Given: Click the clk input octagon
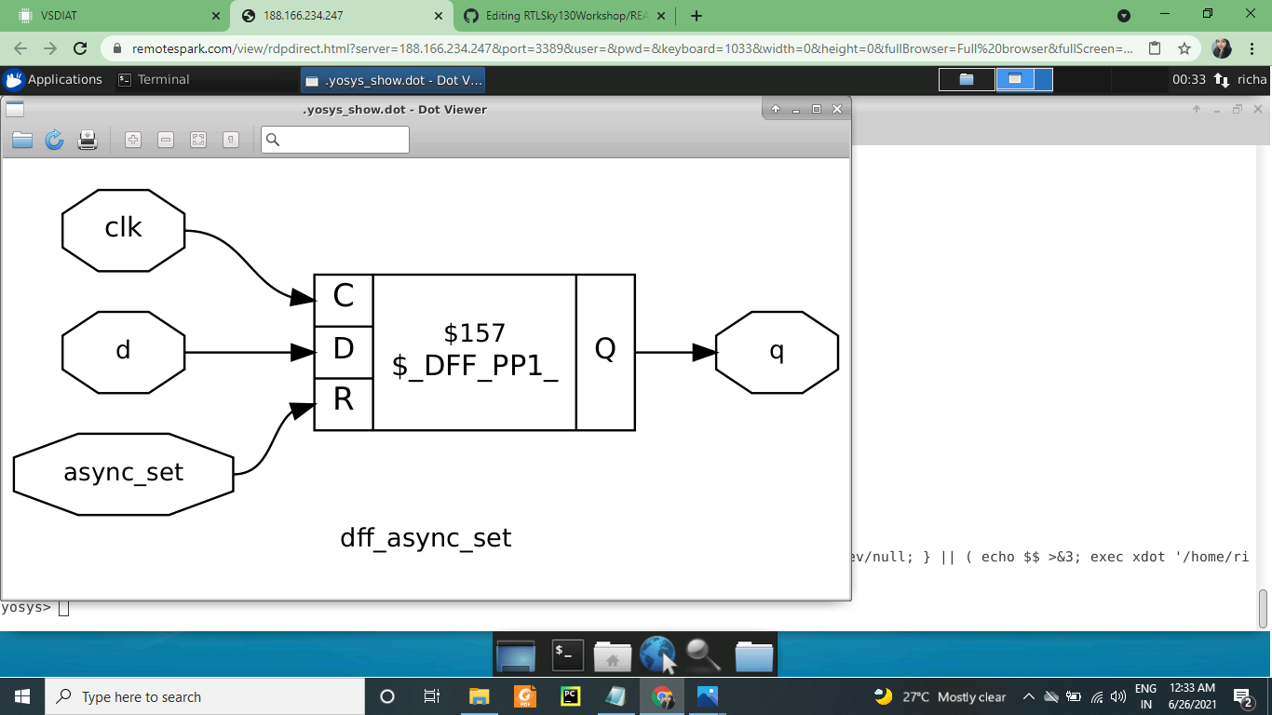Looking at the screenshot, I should click(123, 230).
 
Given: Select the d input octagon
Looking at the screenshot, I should click(123, 352).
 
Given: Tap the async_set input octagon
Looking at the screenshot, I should click(123, 473).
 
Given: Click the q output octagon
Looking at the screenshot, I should click(777, 352).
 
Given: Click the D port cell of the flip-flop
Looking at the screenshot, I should click(344, 350).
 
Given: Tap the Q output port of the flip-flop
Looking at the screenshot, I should click(605, 351).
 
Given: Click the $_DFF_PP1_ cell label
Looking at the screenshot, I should click(475, 365).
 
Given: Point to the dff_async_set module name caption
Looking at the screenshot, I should click(426, 538).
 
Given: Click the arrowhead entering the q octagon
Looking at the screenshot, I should click(705, 352).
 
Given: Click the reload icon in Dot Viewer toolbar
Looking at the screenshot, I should click(55, 140).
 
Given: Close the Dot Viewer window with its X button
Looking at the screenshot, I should click(837, 109).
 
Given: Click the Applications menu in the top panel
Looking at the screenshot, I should click(53, 80).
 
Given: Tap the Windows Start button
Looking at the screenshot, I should click(22, 696).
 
